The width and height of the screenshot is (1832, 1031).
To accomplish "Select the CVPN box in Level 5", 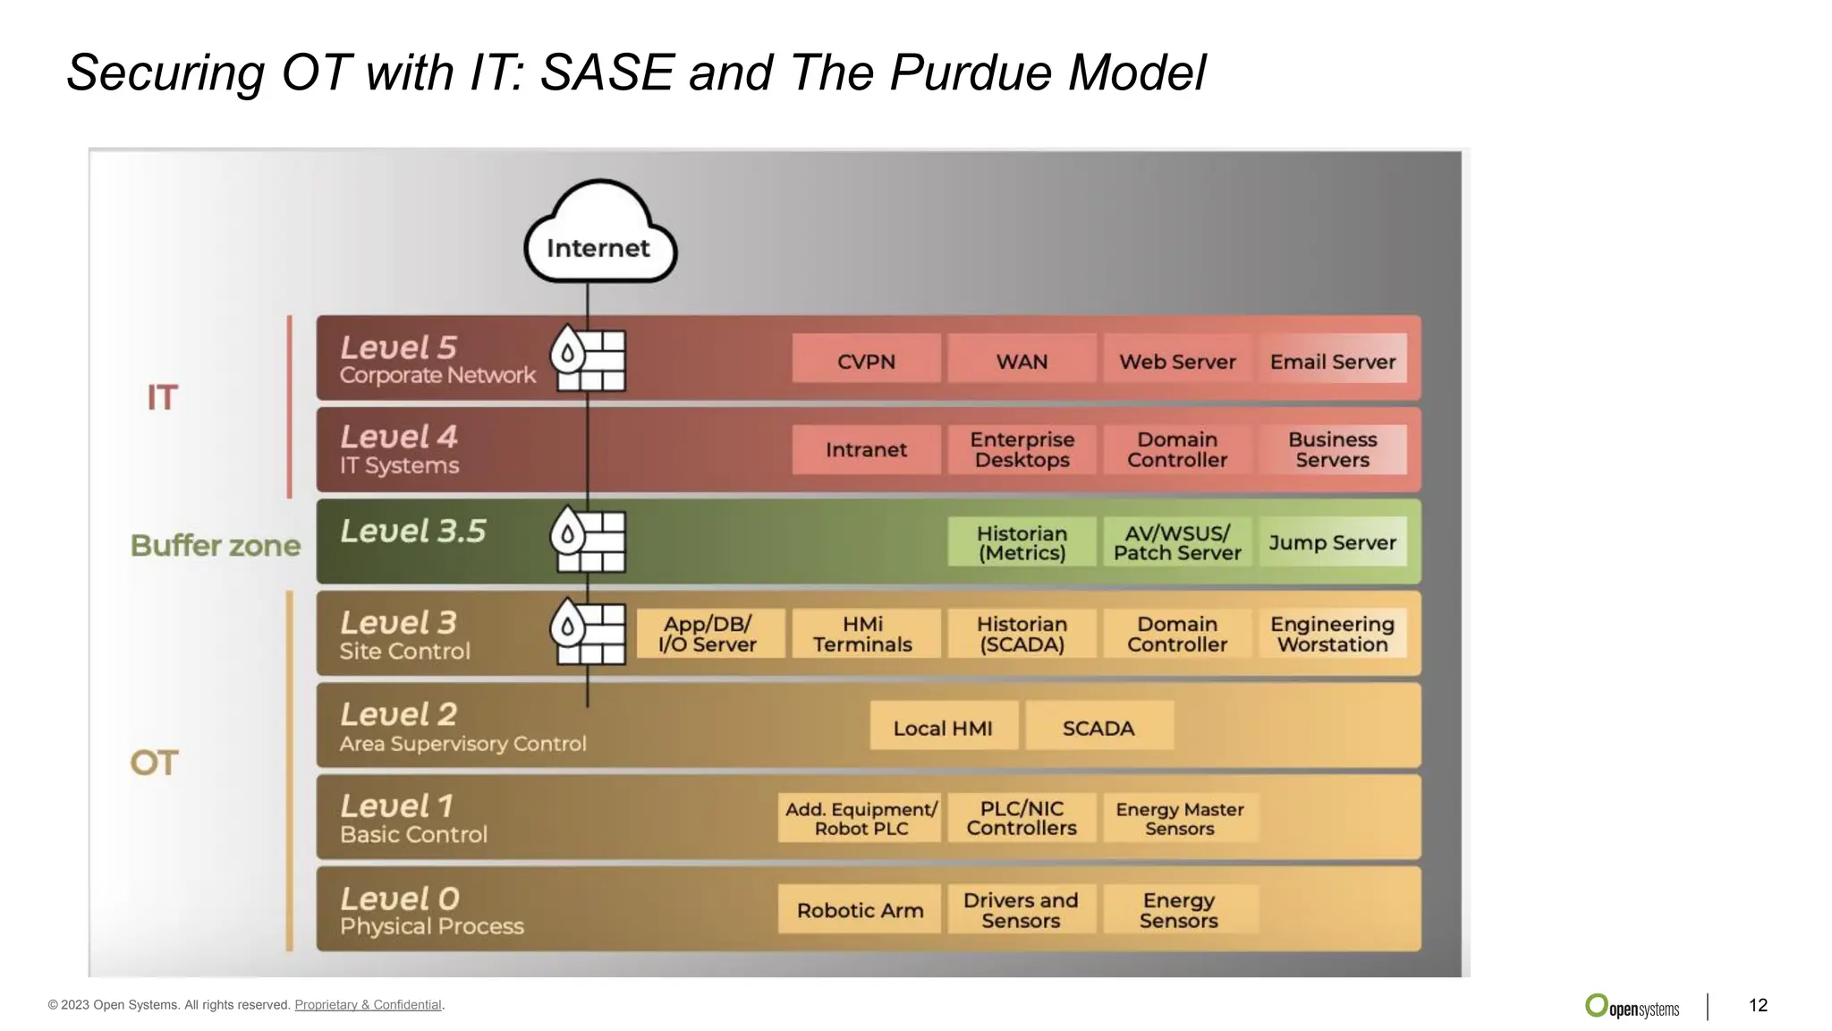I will click(x=866, y=361).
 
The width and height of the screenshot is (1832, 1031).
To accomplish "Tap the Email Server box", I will click(x=1332, y=361).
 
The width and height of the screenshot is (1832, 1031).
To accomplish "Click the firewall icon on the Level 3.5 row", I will click(x=588, y=540).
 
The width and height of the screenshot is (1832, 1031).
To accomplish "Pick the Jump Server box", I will click(x=1332, y=542).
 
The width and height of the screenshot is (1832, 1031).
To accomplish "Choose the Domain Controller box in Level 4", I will click(x=1176, y=449).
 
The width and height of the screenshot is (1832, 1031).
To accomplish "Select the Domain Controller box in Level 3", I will click(x=1176, y=634).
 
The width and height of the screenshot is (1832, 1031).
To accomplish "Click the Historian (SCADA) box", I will click(x=1022, y=634).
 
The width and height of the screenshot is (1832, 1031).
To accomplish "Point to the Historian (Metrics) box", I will click(x=1022, y=542).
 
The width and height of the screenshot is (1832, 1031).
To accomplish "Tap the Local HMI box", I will click(x=943, y=728).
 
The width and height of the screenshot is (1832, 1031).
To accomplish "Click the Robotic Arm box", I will click(x=860, y=910).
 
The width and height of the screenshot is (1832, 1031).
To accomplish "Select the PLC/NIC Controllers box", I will click(x=1022, y=818).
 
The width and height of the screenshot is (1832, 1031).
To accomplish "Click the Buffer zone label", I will click(x=216, y=545).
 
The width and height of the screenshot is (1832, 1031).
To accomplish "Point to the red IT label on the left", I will click(x=163, y=397).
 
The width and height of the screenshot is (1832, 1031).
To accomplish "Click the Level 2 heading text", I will click(x=398, y=714).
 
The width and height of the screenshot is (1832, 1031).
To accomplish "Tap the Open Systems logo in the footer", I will click(x=1633, y=1007).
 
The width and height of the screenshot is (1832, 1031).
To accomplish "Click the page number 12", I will click(x=1758, y=1005).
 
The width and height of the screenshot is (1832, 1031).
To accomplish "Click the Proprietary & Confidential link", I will click(x=368, y=1005).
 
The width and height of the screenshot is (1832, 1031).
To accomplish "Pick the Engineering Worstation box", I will click(x=1332, y=634).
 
